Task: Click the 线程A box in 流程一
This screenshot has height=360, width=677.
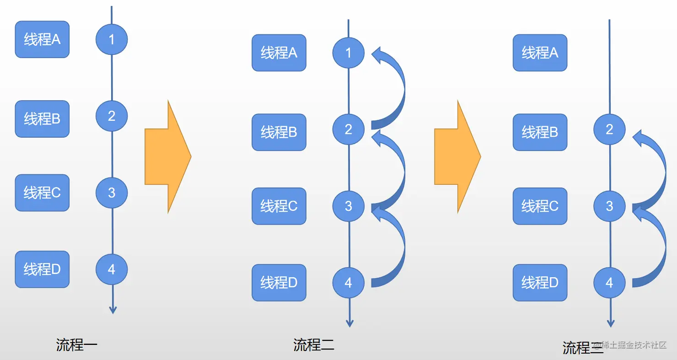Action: point(42,39)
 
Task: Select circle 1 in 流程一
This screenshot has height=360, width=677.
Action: point(112,39)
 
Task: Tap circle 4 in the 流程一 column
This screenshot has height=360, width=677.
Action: point(112,269)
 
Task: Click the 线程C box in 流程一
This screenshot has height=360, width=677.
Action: point(42,193)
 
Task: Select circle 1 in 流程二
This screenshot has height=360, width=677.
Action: point(349,53)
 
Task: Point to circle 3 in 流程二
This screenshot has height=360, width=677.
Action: point(349,206)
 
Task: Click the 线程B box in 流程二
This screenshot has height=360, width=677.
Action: point(279,132)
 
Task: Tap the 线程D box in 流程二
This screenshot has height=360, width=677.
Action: point(279,282)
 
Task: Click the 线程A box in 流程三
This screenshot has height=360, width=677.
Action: point(540,53)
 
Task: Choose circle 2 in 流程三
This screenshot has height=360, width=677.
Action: point(609,129)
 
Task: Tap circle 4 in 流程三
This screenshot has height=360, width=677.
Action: point(609,283)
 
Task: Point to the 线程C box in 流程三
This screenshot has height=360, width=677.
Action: point(540,206)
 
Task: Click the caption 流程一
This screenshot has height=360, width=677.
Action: point(77,344)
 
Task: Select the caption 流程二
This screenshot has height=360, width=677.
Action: point(314,344)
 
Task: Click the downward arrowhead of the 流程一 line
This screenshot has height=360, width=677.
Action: point(113,310)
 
